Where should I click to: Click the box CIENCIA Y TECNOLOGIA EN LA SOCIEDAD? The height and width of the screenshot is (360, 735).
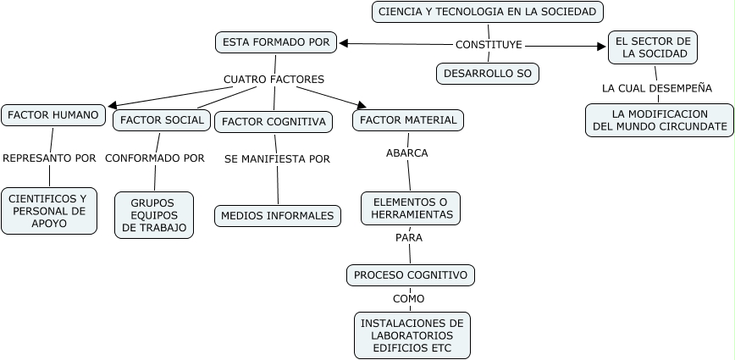tap(489, 12)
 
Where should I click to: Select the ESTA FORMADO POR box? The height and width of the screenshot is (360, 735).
tap(275, 42)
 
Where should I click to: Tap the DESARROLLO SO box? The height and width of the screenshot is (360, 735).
tap(488, 74)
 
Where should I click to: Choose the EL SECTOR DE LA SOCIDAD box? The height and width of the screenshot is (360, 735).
tap(653, 47)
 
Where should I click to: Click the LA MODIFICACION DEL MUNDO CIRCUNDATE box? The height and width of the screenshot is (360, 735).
tap(660, 119)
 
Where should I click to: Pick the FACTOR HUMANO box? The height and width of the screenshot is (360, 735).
tap(52, 115)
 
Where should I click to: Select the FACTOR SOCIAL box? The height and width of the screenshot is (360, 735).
tap(162, 120)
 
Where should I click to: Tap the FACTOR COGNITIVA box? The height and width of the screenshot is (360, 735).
tap(274, 122)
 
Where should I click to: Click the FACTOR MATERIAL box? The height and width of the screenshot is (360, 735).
tap(408, 120)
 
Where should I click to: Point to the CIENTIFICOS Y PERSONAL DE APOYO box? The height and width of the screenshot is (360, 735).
tap(49, 211)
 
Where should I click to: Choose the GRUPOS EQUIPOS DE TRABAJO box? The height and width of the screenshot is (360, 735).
tap(154, 215)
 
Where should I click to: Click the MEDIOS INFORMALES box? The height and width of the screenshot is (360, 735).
tap(278, 216)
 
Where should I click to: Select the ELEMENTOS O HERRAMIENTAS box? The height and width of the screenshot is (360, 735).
tap(411, 208)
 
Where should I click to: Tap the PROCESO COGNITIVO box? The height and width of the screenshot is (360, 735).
tap(411, 275)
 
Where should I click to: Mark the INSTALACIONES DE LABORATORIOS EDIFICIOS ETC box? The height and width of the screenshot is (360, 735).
tap(412, 335)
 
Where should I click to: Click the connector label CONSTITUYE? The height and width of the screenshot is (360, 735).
tap(489, 44)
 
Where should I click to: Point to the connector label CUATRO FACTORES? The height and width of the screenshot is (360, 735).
tap(274, 80)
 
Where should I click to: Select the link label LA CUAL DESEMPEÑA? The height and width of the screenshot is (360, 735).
tap(657, 88)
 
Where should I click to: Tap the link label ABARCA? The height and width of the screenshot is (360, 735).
tap(407, 153)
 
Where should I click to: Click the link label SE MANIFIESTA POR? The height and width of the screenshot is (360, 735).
tap(277, 158)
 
